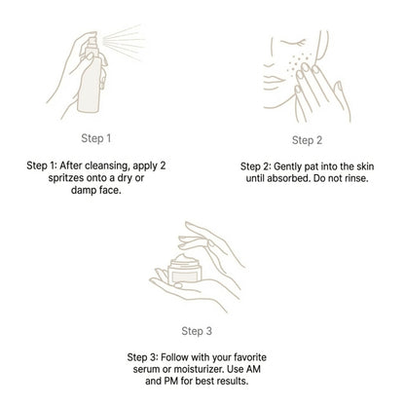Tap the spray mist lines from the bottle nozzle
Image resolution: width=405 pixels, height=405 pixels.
point(124,42)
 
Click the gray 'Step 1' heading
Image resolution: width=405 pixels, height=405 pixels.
point(96,138)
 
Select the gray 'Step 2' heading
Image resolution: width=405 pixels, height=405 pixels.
point(307,140)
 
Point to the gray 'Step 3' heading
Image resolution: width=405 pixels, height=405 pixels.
point(197,331)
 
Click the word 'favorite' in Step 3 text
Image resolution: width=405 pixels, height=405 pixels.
point(250,357)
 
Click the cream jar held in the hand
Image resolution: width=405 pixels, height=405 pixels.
point(185,270)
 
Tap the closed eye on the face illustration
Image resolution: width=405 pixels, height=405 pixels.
point(293,43)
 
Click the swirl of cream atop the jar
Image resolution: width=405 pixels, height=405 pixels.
point(184,259)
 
